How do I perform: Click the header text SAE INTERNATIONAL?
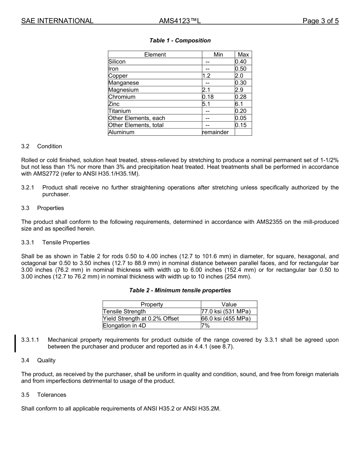coord(57,21)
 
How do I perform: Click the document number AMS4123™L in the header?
coord(180,21)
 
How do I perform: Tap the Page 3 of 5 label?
coord(320,21)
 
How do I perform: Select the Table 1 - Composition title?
coord(180,41)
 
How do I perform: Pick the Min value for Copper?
coord(206,76)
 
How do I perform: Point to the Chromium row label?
coord(122,97)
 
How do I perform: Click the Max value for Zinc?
coord(239,104)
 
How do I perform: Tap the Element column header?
coord(155,55)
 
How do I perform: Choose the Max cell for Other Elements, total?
coord(241,125)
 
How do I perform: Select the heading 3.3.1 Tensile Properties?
coord(55,242)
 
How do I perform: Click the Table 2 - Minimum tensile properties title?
coord(180,291)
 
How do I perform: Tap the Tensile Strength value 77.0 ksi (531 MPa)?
coord(226,311)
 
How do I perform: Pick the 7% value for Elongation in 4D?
coord(205,325)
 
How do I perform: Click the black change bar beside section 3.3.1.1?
coord(15,343)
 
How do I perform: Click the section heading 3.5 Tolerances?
coord(44,395)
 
